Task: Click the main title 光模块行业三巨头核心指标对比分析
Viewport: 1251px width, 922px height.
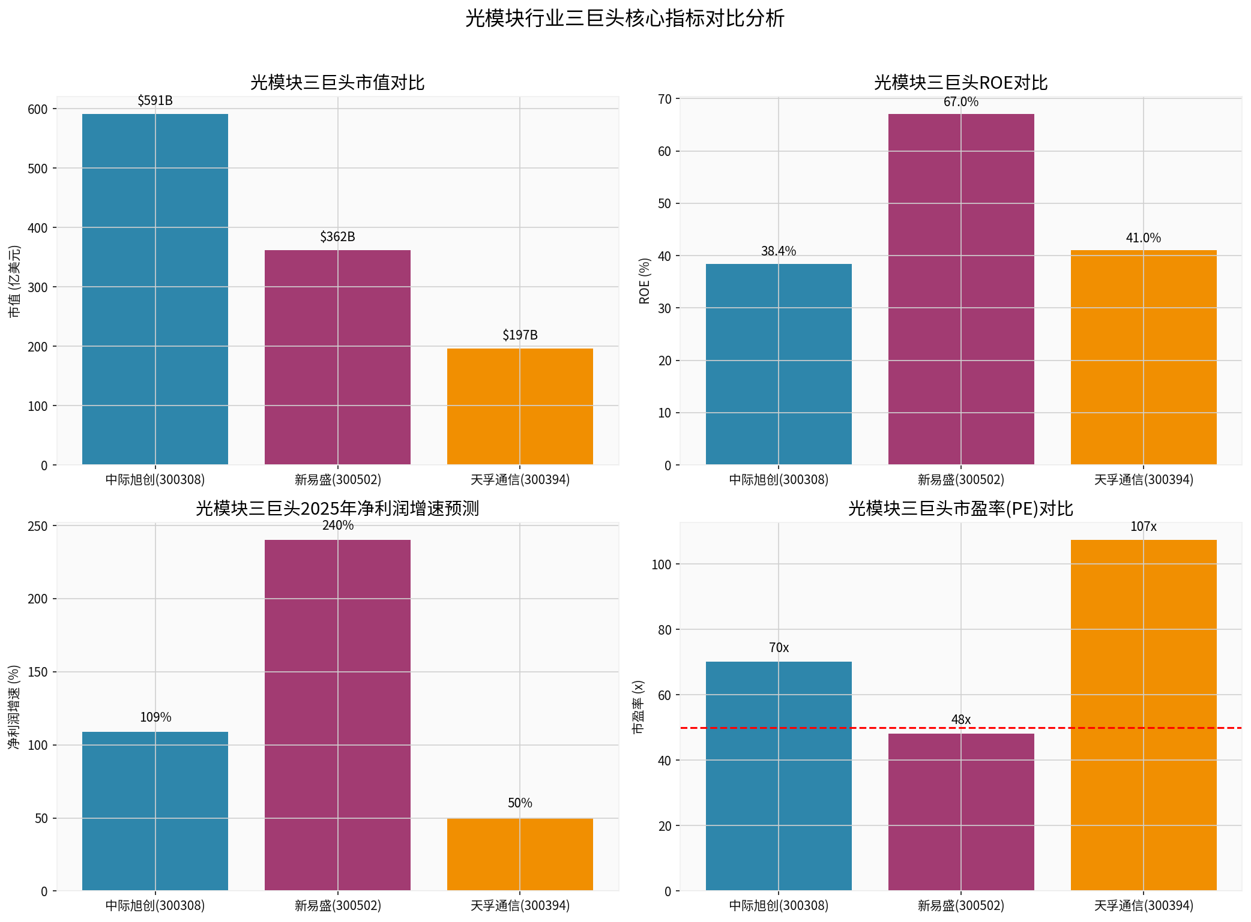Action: click(x=624, y=19)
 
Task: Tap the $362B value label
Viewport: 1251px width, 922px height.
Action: click(x=337, y=237)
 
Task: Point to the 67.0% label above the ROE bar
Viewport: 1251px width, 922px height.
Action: click(x=960, y=102)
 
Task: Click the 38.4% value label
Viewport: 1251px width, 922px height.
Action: click(x=778, y=251)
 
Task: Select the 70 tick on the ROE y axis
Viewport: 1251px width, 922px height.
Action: click(x=665, y=99)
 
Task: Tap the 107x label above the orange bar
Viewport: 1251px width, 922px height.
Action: click(x=1143, y=527)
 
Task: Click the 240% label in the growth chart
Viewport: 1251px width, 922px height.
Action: click(x=337, y=525)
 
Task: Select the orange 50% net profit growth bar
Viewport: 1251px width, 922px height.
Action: click(x=520, y=854)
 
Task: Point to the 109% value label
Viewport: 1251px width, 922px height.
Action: click(x=155, y=717)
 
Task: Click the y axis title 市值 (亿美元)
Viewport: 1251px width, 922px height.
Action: click(x=14, y=281)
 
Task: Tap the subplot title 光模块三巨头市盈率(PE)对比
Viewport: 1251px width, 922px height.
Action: click(x=960, y=509)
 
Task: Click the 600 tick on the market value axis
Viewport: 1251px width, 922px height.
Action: click(x=38, y=109)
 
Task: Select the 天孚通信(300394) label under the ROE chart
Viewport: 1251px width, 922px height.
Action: click(x=1143, y=480)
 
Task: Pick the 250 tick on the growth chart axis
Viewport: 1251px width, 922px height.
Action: click(x=38, y=526)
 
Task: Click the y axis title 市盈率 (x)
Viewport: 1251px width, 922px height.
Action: click(x=638, y=707)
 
